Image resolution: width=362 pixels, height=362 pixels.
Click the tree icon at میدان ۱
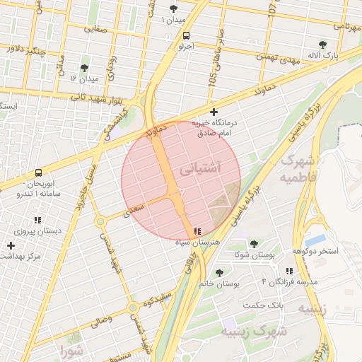click(x=174, y=8)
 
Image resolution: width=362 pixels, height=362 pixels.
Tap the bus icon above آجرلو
click(x=185, y=35)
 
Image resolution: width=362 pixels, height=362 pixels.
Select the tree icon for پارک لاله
click(x=323, y=43)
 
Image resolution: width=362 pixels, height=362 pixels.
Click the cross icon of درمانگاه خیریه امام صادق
click(x=214, y=112)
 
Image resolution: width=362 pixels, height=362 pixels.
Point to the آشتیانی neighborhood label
click(x=201, y=170)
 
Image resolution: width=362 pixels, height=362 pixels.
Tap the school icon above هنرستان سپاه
click(x=197, y=231)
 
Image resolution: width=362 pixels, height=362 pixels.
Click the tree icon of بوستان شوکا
click(x=254, y=244)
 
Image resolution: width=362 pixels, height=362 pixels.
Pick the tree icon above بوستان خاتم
click(x=219, y=272)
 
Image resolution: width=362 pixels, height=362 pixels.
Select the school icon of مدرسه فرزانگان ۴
click(x=290, y=271)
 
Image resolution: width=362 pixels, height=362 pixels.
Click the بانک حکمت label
click(x=262, y=305)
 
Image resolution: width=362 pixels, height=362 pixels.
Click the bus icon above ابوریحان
click(x=37, y=172)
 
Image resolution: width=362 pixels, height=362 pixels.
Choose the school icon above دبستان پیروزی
click(x=37, y=220)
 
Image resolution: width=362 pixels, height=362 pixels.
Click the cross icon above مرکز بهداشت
click(x=10, y=245)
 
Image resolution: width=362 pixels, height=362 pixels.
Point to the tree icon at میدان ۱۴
click(x=85, y=68)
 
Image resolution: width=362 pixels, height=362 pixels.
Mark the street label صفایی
click(x=97, y=29)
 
